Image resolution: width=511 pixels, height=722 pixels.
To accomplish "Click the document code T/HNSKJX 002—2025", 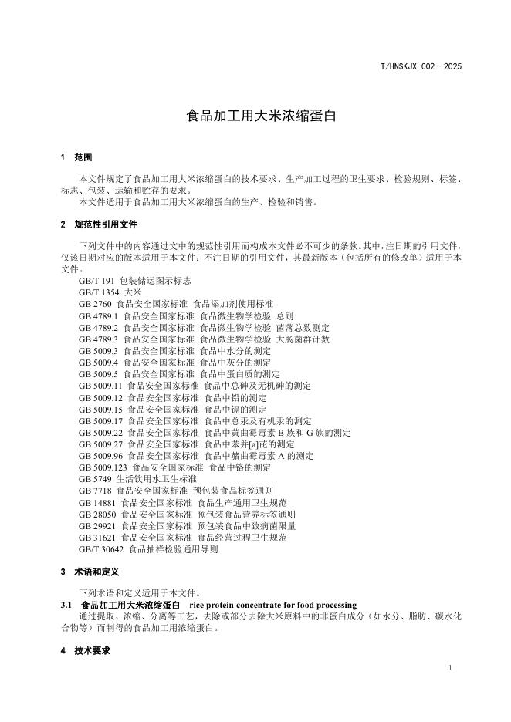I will pyautogui.click(x=421, y=67).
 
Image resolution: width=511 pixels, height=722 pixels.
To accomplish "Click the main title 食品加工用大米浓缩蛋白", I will pyautogui.click(x=255, y=118).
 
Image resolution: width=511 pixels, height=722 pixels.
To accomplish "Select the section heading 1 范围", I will pyautogui.click(x=76, y=157).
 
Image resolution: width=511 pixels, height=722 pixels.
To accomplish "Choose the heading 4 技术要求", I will pyautogui.click(x=85, y=651).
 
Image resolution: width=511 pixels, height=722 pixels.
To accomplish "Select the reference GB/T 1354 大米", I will pyautogui.click(x=110, y=293).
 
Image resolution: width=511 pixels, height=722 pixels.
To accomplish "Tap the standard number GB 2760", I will pyautogui.click(x=95, y=305).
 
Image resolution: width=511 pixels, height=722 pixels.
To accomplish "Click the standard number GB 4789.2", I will pyautogui.click(x=98, y=327).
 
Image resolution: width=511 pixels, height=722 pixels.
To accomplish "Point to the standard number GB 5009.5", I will pyautogui.click(x=98, y=373).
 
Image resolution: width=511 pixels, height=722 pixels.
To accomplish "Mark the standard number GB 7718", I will pyautogui.click(x=95, y=490).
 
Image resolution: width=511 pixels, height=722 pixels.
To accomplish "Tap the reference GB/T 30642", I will pyautogui.click(x=100, y=549).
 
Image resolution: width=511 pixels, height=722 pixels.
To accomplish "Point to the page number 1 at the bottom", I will pyautogui.click(x=449, y=666).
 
